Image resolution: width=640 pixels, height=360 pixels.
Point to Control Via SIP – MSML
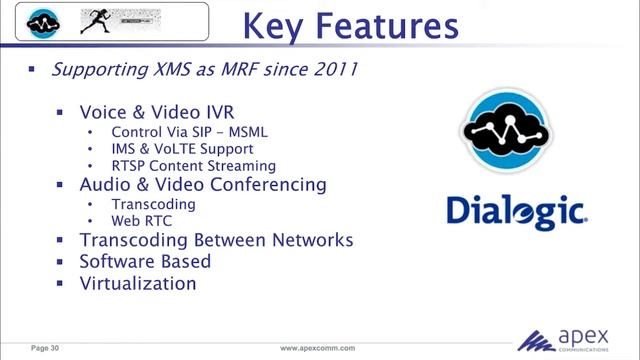(x=190, y=132)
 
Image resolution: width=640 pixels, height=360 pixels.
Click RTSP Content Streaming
(x=193, y=166)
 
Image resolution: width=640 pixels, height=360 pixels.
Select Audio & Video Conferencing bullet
(x=203, y=185)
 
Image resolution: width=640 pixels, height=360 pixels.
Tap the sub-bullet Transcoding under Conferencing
(x=153, y=204)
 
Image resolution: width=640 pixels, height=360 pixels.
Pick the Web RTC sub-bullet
(x=139, y=221)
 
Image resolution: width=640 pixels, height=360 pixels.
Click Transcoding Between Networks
(x=216, y=240)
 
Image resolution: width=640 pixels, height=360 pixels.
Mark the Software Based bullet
(x=145, y=261)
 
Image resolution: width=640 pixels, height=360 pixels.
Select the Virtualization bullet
(x=138, y=283)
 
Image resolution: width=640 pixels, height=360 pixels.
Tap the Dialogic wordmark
(x=516, y=211)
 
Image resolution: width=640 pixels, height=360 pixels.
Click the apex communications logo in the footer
(x=575, y=340)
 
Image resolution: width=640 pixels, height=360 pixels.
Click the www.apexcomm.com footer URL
(x=318, y=348)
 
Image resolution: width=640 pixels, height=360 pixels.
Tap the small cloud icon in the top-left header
(x=43, y=19)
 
